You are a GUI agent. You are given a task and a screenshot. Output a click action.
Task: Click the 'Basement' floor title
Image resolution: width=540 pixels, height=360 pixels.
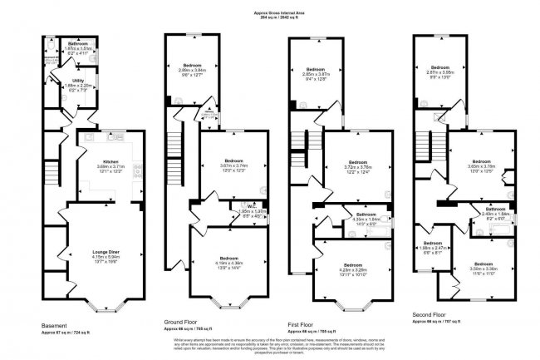click(56, 325)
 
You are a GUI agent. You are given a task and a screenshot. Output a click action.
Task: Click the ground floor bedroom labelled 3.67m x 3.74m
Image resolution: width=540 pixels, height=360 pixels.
click(225, 160)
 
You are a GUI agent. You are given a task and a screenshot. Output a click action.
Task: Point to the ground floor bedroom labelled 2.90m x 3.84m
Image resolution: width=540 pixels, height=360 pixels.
click(193, 67)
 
